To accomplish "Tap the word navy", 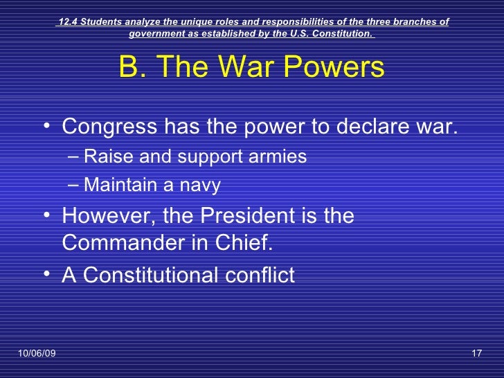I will pos(201,186).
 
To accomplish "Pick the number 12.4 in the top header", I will pos(67,21).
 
